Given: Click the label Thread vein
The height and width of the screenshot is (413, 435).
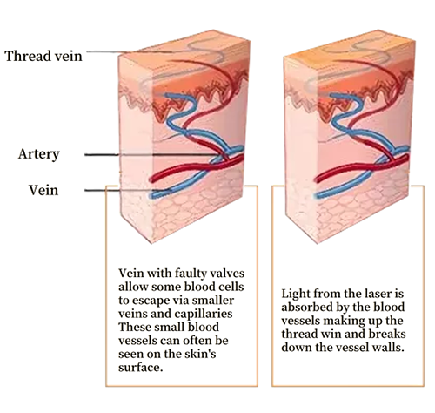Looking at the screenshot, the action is (43, 56).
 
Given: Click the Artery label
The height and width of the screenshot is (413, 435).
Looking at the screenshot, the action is (39, 154).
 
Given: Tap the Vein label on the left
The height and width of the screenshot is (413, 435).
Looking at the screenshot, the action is (43, 190).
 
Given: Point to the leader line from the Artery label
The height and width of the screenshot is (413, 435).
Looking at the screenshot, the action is (154, 155).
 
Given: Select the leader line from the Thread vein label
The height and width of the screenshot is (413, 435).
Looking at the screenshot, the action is (130, 52).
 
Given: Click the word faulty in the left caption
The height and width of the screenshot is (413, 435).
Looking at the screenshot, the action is (191, 274).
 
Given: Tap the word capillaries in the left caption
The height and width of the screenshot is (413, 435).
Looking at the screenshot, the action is (204, 314).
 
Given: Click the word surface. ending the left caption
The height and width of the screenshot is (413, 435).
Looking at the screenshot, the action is (140, 368).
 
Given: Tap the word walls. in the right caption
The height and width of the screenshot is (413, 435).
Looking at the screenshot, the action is (387, 348).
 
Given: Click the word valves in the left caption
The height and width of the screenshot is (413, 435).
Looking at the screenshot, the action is (227, 274).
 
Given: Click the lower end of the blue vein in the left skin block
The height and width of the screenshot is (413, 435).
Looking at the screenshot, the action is (151, 196).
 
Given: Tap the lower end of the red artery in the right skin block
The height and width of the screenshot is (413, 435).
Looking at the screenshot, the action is (317, 179).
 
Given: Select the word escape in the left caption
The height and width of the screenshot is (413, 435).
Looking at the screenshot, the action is (151, 301).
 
